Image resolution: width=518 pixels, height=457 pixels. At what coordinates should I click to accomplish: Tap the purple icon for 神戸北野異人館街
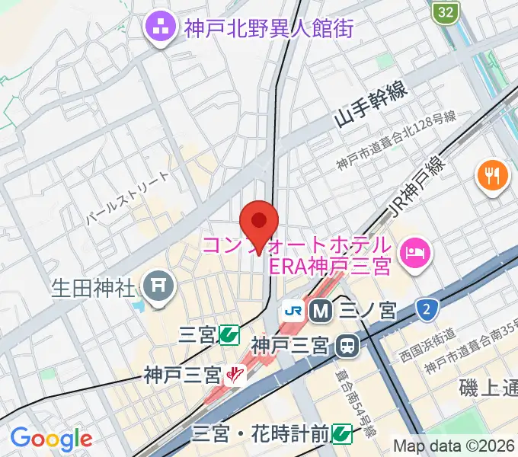[161, 29]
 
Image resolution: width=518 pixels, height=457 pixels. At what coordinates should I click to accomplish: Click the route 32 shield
[446, 11]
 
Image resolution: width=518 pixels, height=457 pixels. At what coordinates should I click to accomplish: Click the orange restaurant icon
[492, 177]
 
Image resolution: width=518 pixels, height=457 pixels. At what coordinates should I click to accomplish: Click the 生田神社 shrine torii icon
[159, 288]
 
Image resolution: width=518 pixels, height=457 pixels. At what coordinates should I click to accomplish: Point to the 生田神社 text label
[94, 289]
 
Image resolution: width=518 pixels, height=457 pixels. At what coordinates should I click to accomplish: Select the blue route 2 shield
[427, 308]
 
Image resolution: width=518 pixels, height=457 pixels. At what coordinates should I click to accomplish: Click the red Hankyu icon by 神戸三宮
[235, 375]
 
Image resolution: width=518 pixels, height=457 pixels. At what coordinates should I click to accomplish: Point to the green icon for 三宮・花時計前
[342, 434]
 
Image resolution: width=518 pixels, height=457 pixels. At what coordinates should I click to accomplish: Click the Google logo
[51, 439]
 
